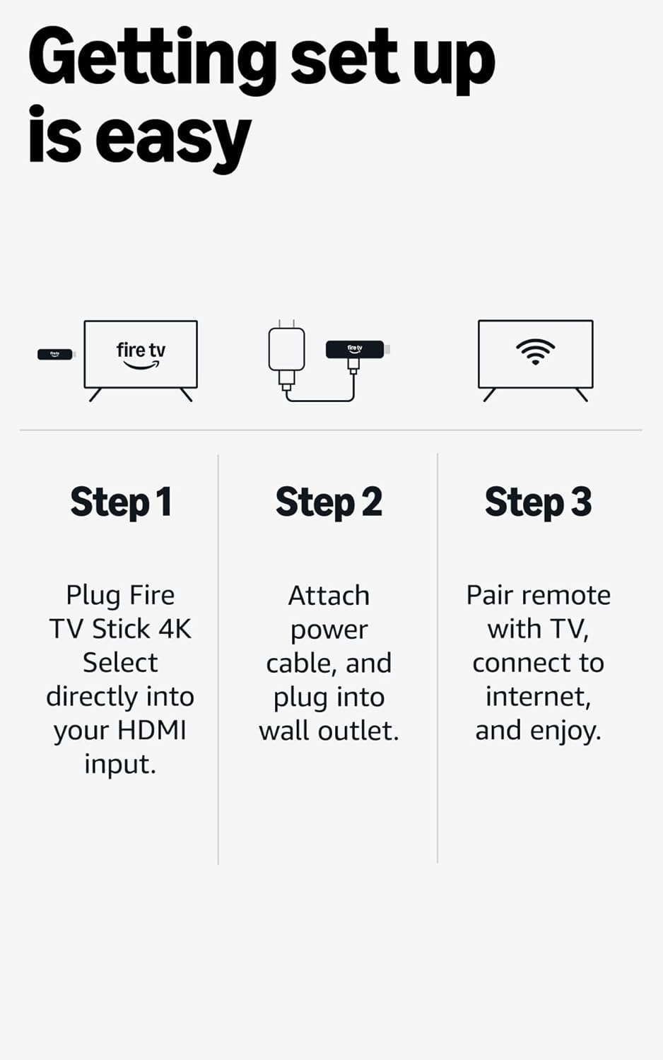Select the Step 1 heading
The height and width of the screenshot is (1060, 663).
[121, 502]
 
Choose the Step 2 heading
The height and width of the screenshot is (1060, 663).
[329, 502]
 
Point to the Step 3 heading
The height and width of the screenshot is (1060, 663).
[538, 502]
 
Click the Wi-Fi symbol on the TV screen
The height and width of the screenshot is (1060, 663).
[535, 351]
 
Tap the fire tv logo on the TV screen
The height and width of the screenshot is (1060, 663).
[141, 355]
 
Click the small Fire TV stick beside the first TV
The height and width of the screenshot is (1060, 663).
[55, 354]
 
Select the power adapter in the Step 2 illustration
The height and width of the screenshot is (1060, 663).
[286, 351]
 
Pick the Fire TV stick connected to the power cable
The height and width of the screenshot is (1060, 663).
[355, 349]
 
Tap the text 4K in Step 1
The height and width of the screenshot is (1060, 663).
[175, 628]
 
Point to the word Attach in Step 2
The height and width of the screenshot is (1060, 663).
[329, 596]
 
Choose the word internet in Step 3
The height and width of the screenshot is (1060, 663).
[537, 697]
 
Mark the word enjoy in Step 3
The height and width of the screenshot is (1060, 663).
[565, 731]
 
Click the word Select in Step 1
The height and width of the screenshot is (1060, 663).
[120, 663]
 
